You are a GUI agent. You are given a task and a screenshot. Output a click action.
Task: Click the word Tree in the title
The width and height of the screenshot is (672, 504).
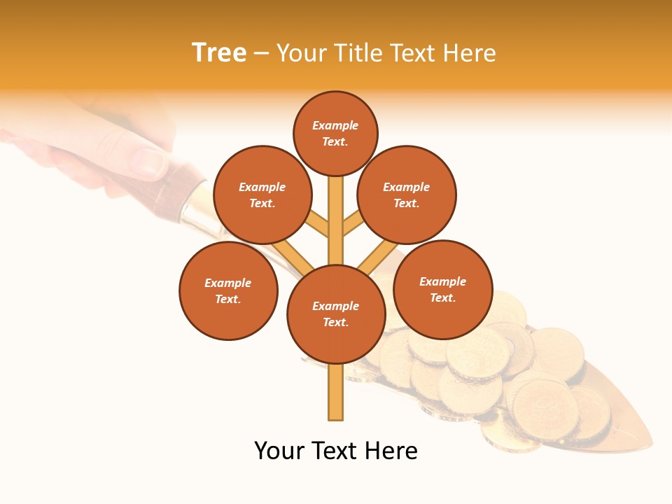(x=219, y=53)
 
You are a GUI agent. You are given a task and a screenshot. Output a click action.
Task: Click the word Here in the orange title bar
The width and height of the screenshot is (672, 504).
(x=472, y=53)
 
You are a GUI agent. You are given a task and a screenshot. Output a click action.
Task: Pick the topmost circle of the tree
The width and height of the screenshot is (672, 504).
(x=335, y=133)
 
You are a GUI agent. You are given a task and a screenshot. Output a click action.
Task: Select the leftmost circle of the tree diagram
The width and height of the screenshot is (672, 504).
(x=228, y=290)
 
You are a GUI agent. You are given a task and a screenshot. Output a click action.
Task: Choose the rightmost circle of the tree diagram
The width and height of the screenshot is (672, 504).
(x=442, y=289)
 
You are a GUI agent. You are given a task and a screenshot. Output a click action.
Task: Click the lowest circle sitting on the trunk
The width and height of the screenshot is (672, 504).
(x=336, y=314)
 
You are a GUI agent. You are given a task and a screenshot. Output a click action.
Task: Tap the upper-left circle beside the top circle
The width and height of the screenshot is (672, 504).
(x=262, y=195)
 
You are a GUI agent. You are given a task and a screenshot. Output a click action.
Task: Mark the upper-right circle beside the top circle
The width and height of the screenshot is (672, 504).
(x=407, y=195)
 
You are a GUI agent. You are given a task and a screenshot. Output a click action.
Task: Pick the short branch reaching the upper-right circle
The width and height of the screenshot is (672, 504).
(x=353, y=223)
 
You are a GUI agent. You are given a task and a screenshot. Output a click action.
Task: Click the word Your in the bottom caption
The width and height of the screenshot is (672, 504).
(x=280, y=451)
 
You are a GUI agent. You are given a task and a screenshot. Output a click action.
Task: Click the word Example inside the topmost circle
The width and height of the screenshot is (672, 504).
(x=335, y=125)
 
